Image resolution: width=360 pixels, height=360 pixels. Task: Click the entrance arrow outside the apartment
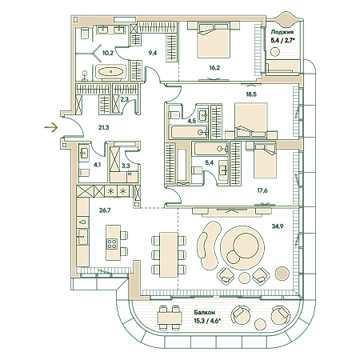(x=51, y=127)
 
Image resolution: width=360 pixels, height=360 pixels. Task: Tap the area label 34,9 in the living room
(x=278, y=226)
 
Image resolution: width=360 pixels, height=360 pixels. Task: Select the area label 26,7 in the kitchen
(x=105, y=210)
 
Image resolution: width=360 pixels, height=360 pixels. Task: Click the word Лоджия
(x=282, y=32)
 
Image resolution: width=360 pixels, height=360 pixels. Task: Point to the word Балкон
(x=205, y=312)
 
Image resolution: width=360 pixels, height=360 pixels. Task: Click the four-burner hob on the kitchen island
(x=112, y=243)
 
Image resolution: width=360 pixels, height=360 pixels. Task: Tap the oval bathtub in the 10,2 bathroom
(x=110, y=72)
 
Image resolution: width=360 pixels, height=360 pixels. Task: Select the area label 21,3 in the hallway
(x=104, y=127)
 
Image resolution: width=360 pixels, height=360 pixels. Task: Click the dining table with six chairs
(x=169, y=254)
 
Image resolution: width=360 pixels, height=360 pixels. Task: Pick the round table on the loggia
(x=274, y=51)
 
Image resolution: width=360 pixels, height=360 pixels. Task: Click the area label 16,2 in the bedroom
(x=214, y=68)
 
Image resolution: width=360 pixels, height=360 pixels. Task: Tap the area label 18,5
(x=251, y=94)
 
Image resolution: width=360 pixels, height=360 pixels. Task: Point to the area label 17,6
(x=262, y=190)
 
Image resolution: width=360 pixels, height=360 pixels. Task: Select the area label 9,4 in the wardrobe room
(x=153, y=53)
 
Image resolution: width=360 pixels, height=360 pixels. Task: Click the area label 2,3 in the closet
(x=124, y=99)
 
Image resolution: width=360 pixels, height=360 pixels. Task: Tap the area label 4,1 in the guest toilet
(x=97, y=165)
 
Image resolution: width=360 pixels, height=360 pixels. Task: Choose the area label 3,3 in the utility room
(x=126, y=166)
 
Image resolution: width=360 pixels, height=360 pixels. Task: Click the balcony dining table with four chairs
(x=170, y=318)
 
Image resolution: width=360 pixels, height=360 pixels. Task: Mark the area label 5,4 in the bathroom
(x=210, y=162)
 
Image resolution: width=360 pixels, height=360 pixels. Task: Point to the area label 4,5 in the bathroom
(x=192, y=121)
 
